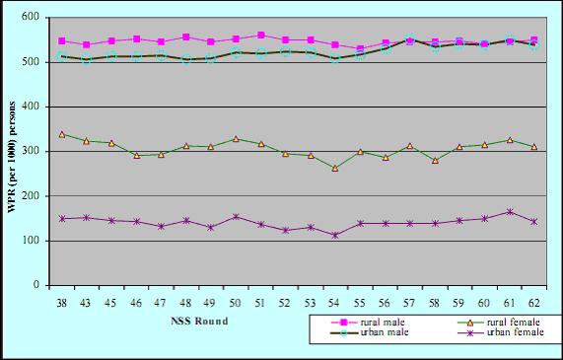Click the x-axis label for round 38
[63, 300]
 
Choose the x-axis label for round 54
[335, 300]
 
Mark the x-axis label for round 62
[533, 300]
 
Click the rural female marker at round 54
[335, 168]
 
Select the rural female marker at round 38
[63, 134]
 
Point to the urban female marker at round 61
[510, 211]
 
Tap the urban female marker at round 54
[335, 235]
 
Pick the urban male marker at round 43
[88, 59]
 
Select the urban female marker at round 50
[237, 217]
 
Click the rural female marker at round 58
[435, 160]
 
